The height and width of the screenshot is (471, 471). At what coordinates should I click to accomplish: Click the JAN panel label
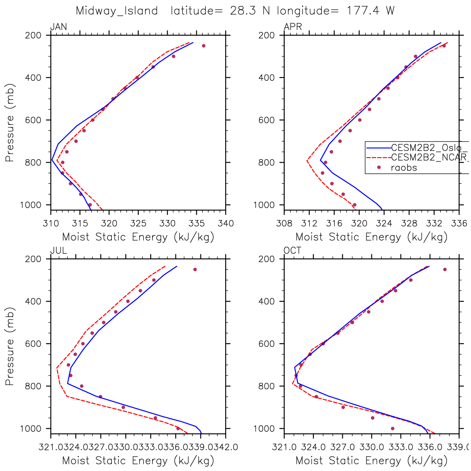point(59,27)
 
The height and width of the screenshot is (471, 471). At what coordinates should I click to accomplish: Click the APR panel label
point(293,27)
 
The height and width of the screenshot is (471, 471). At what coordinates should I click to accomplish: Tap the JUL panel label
point(59,251)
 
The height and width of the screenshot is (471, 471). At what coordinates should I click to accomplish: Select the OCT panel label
point(293,251)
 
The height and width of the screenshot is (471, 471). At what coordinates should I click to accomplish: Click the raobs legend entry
point(404,168)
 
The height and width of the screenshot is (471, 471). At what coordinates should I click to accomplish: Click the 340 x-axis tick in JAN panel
point(226,224)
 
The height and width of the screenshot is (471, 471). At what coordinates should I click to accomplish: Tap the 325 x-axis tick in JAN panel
point(138,224)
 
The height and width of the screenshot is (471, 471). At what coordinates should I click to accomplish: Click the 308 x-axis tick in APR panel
point(284,224)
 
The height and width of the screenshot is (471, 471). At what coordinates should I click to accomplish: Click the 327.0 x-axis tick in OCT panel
point(342,447)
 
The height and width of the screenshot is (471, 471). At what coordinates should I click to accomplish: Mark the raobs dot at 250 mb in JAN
point(203,46)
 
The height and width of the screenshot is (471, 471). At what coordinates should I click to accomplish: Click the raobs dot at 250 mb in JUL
point(195,269)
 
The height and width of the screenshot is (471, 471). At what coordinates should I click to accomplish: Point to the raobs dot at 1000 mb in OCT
point(393,428)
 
